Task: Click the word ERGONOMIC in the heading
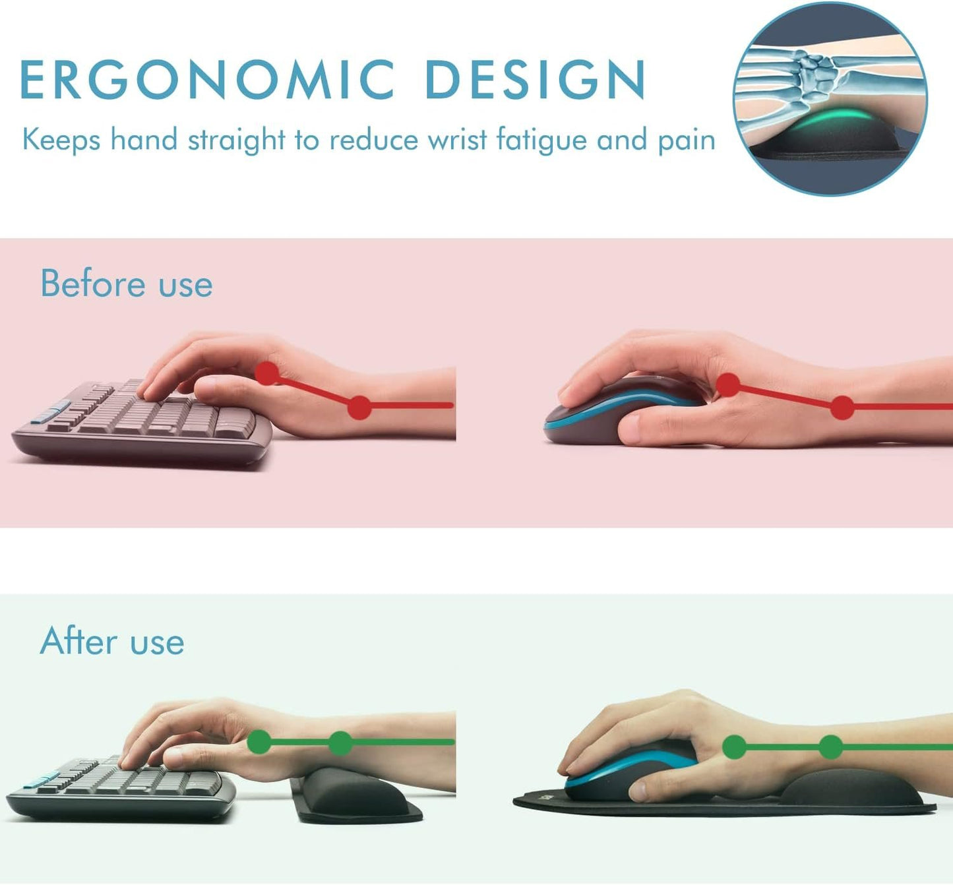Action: pos(208,80)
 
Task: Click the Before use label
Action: pos(127,284)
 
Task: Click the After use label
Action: pos(112,641)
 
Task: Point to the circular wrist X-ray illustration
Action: pos(830,99)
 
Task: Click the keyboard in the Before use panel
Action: pos(142,422)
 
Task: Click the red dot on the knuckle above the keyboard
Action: pos(267,373)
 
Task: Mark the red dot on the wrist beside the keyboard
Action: pos(359,408)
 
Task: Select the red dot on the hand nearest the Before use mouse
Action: pos(727,384)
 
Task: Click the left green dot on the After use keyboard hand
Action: pos(259,742)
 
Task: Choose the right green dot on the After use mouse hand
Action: pos(830,747)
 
